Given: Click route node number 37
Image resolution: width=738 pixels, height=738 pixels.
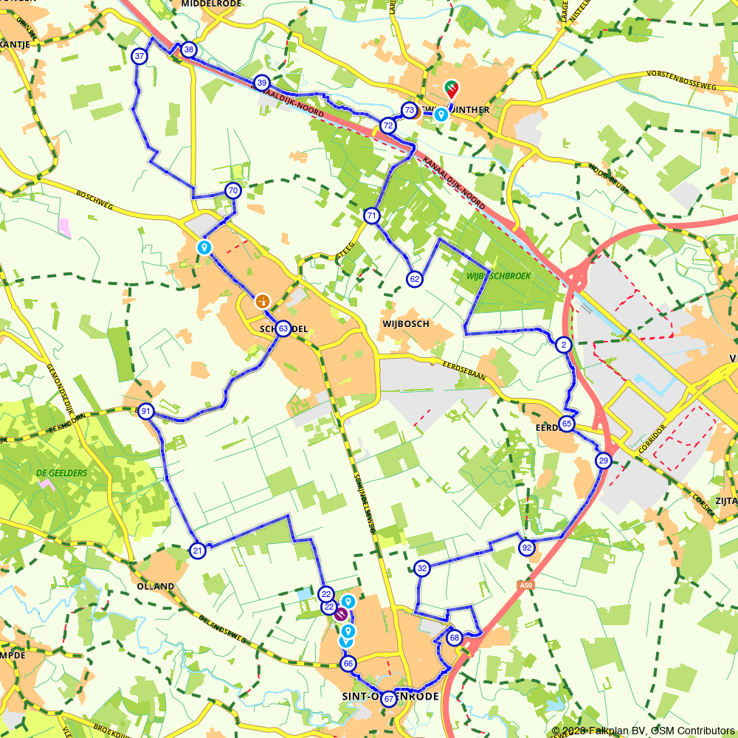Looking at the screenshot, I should tap(139, 56).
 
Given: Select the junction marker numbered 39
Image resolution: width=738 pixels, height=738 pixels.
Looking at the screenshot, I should tap(261, 82).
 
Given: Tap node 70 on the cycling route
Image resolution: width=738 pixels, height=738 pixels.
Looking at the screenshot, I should tap(233, 191).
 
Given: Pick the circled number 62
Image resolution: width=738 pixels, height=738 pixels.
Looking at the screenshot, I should tap(415, 278).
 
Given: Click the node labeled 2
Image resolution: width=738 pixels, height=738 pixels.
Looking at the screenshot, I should tap(564, 345).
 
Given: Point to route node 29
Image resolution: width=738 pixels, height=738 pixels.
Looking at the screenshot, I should tap(604, 461).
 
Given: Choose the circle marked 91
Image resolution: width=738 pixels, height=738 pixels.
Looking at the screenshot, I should tap(146, 412).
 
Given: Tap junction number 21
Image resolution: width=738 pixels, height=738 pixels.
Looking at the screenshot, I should tap(197, 551).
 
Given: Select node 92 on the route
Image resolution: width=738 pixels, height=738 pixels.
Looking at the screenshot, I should tap(526, 548).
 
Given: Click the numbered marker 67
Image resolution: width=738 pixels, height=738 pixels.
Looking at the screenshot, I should tap(388, 699).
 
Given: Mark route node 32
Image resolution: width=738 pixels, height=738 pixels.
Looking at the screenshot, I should tap(421, 568).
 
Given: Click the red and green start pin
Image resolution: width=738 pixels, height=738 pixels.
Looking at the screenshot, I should tap(450, 90).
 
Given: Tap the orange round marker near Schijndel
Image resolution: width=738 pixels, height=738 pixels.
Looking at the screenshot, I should tap(262, 301).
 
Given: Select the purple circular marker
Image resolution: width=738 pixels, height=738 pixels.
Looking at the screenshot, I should tap(341, 614).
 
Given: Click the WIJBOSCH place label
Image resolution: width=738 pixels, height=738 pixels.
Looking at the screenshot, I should tap(406, 324).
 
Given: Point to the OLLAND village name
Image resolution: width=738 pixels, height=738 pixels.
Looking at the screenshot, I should tap(156, 587).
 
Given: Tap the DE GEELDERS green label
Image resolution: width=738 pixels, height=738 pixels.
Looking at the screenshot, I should tap(61, 473).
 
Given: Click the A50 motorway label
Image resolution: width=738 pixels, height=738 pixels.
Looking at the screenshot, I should tap(525, 584).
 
